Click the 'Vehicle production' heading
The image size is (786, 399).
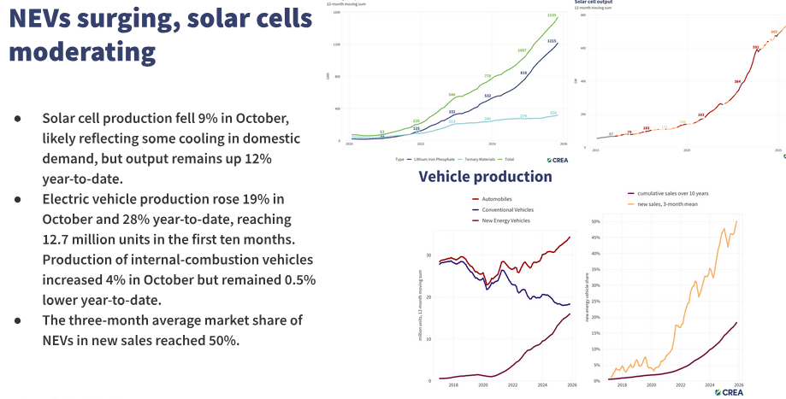pos(485,177)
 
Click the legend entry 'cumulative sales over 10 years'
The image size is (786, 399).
pos(672,193)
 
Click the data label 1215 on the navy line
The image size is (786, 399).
pos(553,41)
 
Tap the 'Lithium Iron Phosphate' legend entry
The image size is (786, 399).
pos(429,160)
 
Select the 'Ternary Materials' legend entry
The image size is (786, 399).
pos(484,160)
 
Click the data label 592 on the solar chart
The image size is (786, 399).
pos(756,47)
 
